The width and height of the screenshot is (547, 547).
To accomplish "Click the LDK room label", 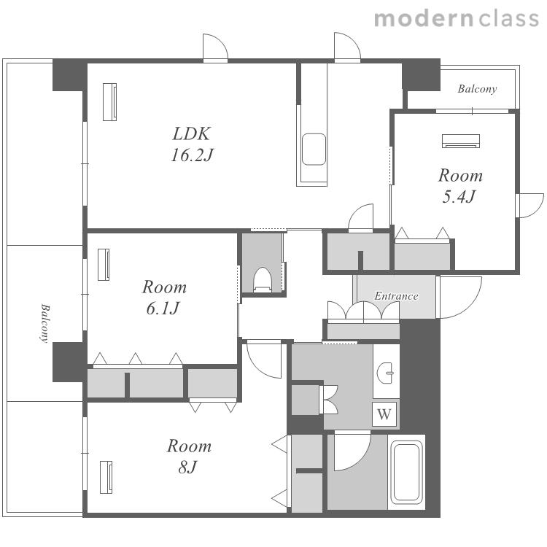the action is point(192,133).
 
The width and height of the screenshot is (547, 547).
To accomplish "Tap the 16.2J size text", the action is point(192,155).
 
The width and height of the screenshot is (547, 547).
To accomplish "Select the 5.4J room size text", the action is point(459,196).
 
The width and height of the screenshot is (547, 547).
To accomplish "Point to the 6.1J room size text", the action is point(163,308).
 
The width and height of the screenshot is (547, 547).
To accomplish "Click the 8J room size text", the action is point(187,467).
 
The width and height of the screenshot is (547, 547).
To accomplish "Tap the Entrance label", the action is point(396,296).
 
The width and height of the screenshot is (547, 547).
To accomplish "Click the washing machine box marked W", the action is point(384,414).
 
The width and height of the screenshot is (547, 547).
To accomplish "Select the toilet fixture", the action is point(263,279).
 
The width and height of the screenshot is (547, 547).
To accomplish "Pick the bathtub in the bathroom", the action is point(406,472).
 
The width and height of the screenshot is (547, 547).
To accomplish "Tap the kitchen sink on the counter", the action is point(314,149).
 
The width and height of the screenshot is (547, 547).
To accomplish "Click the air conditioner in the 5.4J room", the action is point(460,141).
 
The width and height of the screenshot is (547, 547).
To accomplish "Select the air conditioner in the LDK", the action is point(109,102).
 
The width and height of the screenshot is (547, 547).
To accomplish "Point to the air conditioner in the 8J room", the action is point(106,477).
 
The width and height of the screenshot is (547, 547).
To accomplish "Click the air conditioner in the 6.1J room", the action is point(104,265).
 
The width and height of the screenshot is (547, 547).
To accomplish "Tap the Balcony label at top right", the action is point(477,89).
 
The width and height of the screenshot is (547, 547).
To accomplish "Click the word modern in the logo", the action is point(424,19).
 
